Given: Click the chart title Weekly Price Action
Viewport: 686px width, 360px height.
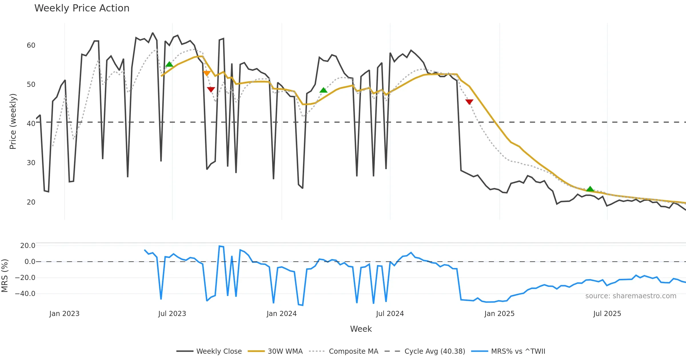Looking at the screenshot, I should click(x=82, y=8).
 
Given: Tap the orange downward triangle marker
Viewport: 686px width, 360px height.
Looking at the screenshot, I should click(x=207, y=73).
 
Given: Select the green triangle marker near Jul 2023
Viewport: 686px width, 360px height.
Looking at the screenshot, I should click(x=169, y=64).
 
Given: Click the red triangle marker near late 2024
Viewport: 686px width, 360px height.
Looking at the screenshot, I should click(x=469, y=102).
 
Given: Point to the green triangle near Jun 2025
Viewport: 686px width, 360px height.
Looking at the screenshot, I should click(x=590, y=189).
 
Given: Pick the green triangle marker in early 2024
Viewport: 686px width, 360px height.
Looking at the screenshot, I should click(x=323, y=90).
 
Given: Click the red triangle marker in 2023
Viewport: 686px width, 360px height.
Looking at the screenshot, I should click(x=211, y=89).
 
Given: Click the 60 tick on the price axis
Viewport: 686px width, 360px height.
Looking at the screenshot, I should click(x=31, y=45).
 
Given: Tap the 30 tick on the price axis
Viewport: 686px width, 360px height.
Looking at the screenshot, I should click(x=31, y=163).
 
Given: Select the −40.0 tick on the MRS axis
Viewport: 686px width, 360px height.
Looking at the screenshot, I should click(x=25, y=294).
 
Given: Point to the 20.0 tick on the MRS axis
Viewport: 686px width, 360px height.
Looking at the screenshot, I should click(x=28, y=246).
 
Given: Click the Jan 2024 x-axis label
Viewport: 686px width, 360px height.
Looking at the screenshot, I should click(x=282, y=314).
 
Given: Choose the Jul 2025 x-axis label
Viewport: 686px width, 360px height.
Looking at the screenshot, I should click(x=607, y=314).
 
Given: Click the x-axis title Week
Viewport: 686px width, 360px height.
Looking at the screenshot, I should click(x=361, y=329).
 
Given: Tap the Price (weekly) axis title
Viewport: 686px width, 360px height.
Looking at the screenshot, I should click(x=13, y=121).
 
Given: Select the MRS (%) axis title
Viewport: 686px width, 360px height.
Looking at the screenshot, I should click(x=5, y=275).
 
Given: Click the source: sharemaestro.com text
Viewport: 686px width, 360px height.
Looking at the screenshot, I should click(x=631, y=296).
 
